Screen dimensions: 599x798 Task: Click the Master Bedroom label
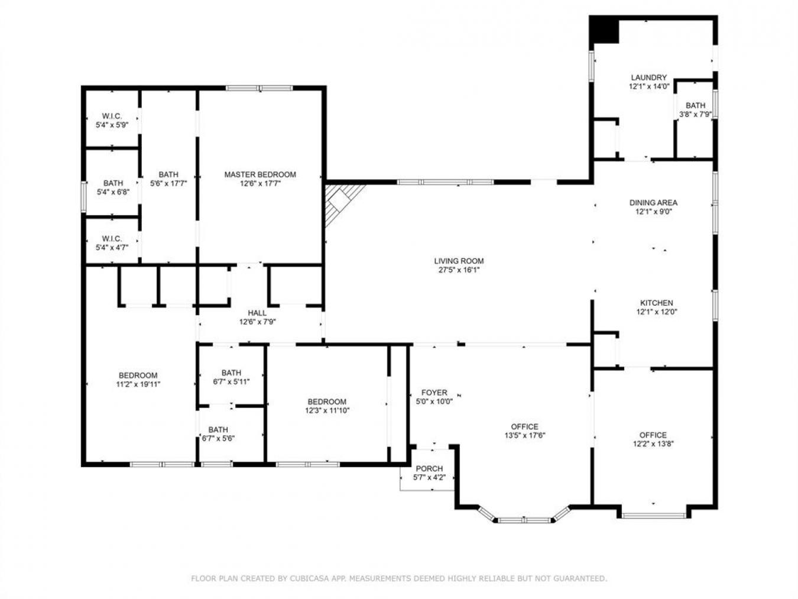click(259, 174)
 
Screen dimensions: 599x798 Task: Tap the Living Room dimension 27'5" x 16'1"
click(459, 270)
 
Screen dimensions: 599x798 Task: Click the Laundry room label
click(648, 77)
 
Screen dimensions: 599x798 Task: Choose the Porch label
click(429, 469)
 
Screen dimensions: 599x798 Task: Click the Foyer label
click(434, 393)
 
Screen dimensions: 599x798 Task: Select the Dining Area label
click(653, 203)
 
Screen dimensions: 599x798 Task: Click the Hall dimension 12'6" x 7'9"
click(257, 322)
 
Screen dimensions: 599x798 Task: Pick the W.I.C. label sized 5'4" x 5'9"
click(112, 116)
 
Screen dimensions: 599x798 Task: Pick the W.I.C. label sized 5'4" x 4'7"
click(112, 239)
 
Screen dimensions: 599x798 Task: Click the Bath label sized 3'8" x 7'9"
click(695, 106)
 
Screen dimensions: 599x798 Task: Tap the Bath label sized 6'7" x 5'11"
click(231, 373)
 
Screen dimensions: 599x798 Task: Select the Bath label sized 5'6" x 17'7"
click(168, 174)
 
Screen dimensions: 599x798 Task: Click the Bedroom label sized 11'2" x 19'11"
click(138, 375)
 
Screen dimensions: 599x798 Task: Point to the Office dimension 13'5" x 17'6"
click(524, 436)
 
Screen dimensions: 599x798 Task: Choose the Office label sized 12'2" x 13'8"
click(653, 435)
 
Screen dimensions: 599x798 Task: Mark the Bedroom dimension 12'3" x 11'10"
click(327, 410)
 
